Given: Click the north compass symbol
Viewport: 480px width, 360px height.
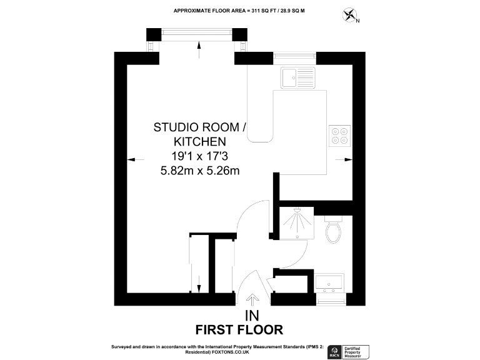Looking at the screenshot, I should click(x=350, y=15).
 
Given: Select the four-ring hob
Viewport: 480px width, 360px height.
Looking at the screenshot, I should click(x=339, y=136).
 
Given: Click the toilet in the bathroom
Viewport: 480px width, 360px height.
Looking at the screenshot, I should click(x=333, y=231).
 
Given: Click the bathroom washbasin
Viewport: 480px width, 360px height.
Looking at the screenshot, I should click(x=329, y=282).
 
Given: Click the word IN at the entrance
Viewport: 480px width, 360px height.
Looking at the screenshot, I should click(x=252, y=315).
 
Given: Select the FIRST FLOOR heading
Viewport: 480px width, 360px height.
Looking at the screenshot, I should click(x=239, y=329).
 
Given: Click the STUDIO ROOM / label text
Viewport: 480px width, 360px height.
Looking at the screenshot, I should click(x=200, y=127).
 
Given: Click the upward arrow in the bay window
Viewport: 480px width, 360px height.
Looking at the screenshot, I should click(x=198, y=48).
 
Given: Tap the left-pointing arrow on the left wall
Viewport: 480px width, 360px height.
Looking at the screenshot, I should click(x=132, y=160).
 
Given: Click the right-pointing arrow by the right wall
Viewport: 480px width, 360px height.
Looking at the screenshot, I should click(x=343, y=160).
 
